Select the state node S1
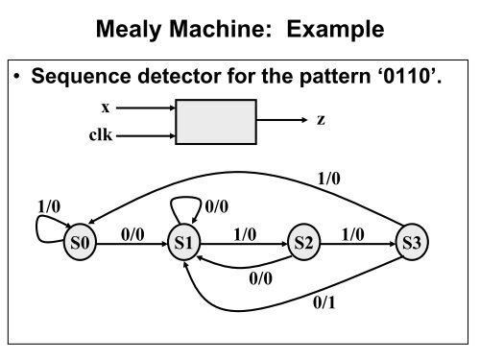[184, 244]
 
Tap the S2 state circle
[304, 244]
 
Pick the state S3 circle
[413, 244]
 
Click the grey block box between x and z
[216, 122]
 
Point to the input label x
[105, 108]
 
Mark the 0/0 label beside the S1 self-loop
[218, 205]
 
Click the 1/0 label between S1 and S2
[245, 233]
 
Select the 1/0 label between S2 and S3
[354, 233]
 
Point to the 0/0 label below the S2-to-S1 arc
[260, 278]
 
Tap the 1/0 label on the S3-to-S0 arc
[329, 177]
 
